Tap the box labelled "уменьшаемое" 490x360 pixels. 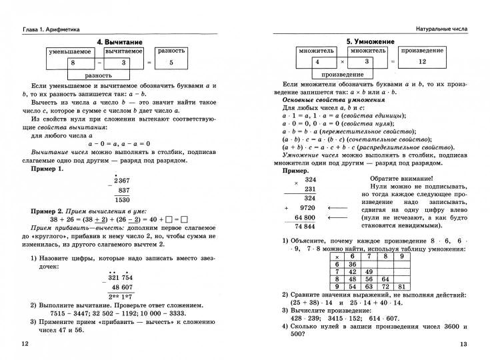click(x=73, y=51)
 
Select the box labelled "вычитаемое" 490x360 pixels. click(x=123, y=51)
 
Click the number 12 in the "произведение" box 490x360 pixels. click(x=422, y=61)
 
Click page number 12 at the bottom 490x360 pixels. click(x=25, y=343)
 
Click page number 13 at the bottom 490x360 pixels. click(x=464, y=343)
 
